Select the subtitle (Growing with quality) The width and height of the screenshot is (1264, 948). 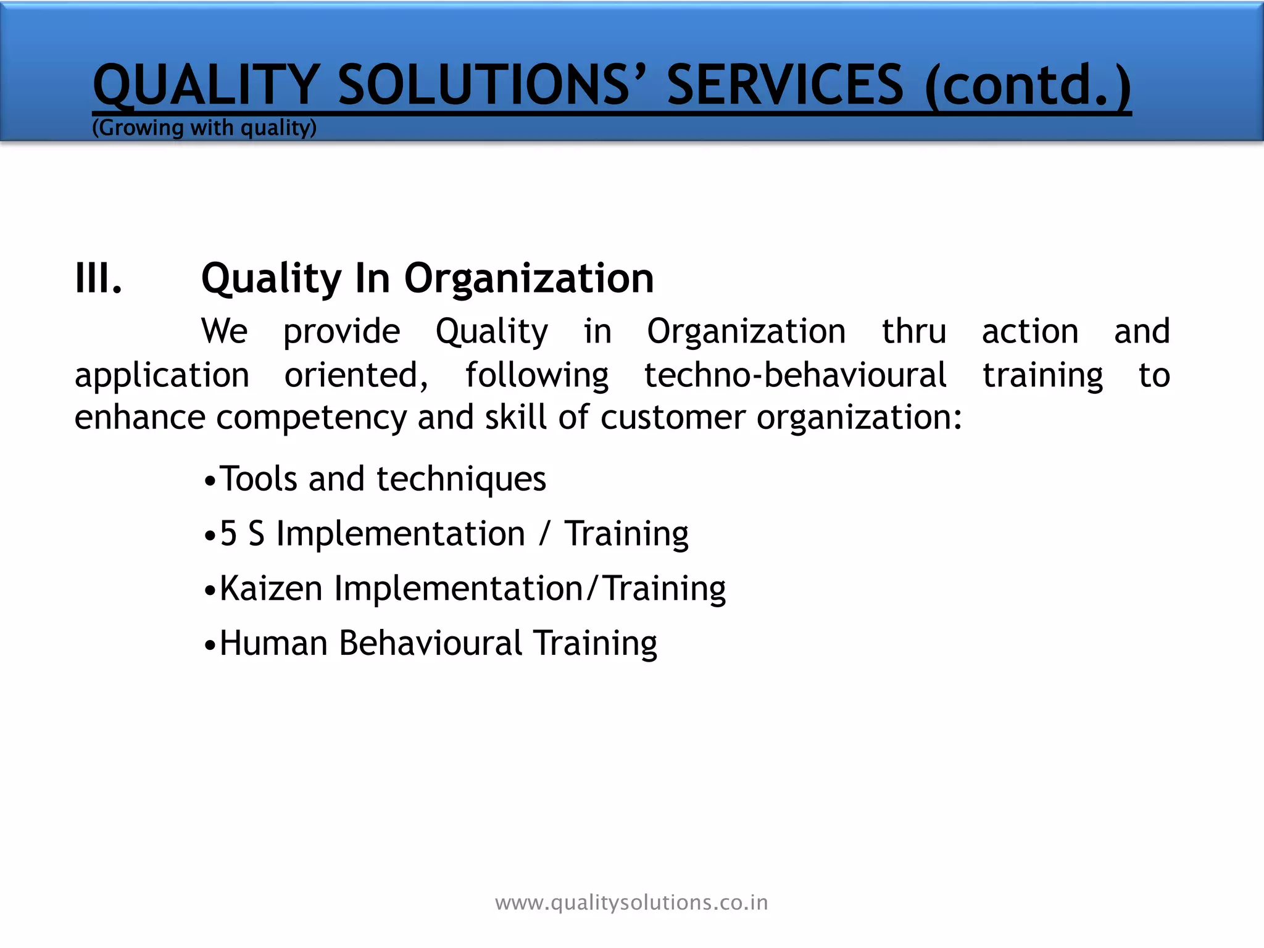204,128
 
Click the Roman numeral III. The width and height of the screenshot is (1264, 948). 98,278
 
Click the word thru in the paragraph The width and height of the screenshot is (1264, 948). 913,331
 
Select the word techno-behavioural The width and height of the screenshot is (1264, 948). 795,375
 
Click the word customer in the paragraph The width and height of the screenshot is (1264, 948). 673,417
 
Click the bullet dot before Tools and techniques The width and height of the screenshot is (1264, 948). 210,481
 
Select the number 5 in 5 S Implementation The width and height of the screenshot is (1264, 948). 228,534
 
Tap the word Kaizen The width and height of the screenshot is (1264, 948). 271,588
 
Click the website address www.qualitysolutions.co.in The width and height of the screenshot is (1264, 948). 631,903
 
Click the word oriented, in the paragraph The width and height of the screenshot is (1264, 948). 356,375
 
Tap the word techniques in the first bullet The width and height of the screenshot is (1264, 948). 461,480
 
